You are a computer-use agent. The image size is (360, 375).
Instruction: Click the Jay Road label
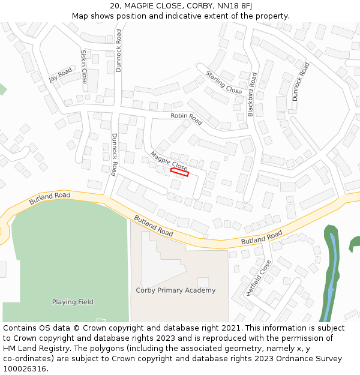click(60, 75)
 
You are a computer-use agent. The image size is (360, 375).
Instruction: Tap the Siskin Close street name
click(84, 66)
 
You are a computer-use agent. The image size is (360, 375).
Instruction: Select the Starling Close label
click(224, 82)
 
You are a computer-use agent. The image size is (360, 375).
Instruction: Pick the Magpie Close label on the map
click(169, 160)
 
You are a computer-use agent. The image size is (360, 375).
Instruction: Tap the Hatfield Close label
click(259, 278)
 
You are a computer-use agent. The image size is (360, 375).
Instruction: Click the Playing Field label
click(73, 302)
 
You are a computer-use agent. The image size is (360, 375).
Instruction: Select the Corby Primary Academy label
click(176, 290)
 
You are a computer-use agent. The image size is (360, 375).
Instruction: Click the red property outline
click(179, 172)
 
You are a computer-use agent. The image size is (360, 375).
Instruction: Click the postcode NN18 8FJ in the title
click(235, 6)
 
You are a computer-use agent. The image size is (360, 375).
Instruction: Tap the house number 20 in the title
click(115, 6)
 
